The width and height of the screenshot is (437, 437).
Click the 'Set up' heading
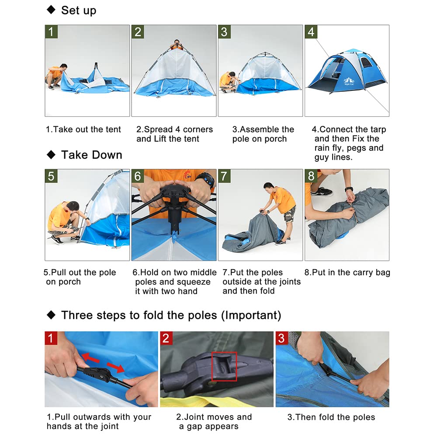click(x=78, y=10)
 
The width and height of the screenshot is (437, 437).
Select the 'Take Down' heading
click(x=91, y=155)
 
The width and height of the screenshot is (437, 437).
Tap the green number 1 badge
click(x=52, y=32)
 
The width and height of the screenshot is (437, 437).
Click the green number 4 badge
click(x=311, y=32)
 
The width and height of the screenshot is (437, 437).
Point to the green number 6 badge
click(x=138, y=176)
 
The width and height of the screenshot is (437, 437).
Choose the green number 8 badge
click(x=311, y=176)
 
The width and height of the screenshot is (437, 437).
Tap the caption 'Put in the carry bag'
click(x=347, y=273)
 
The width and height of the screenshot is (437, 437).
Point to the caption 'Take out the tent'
click(x=83, y=129)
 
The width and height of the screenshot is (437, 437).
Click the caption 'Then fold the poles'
click(x=331, y=417)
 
